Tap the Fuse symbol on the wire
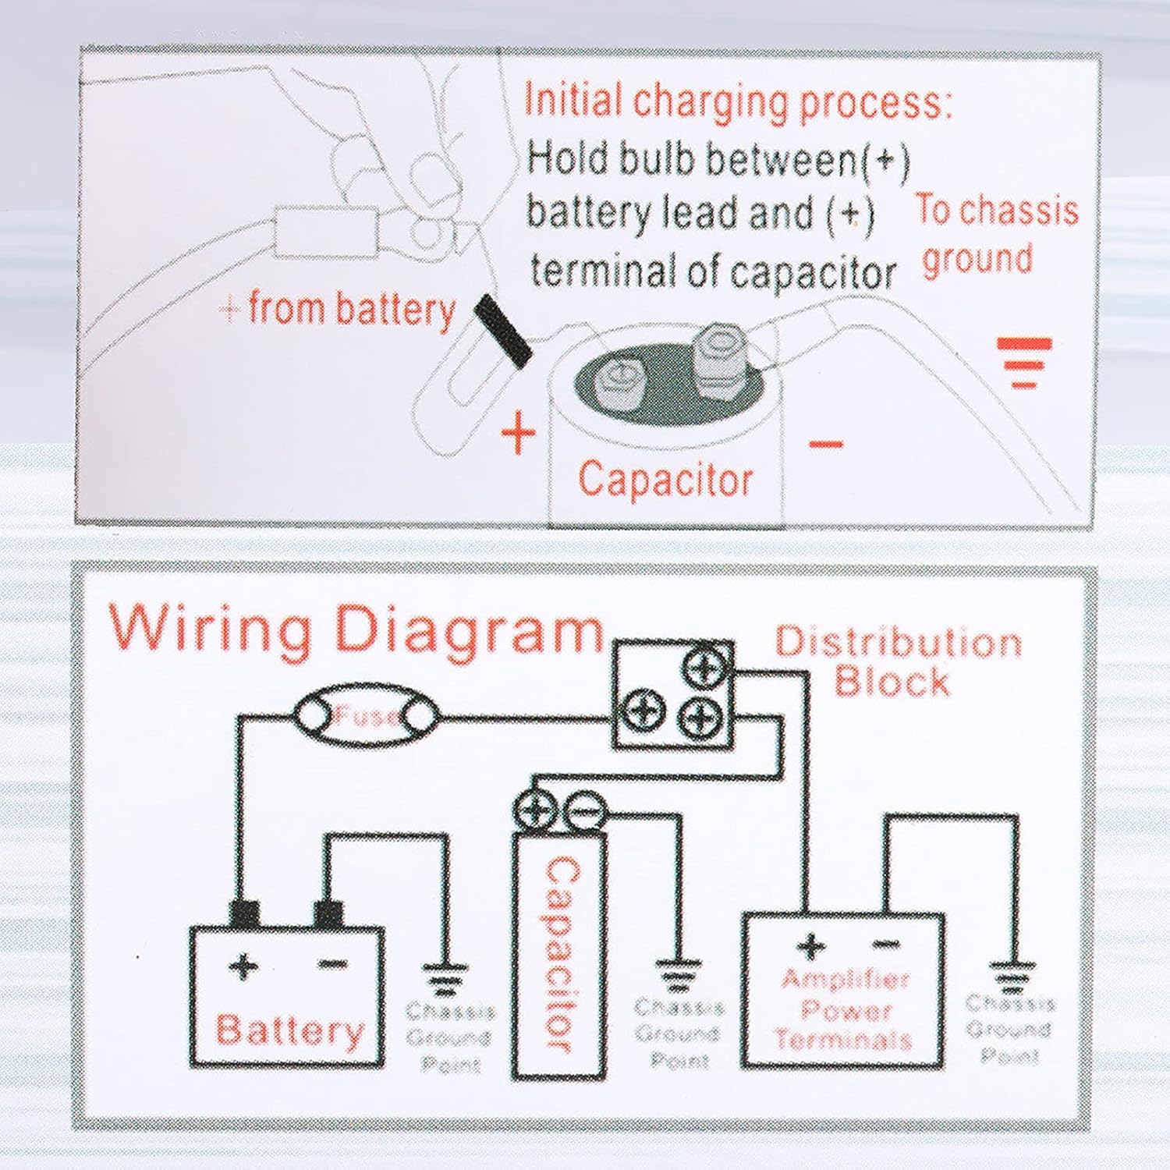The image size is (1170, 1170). click(x=366, y=716)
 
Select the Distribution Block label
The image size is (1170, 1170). click(x=897, y=661)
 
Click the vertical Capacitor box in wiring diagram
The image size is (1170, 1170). click(x=560, y=955)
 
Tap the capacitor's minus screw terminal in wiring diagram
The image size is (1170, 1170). click(x=583, y=812)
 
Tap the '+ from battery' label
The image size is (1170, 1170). click(x=338, y=310)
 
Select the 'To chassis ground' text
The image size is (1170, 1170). click(x=996, y=233)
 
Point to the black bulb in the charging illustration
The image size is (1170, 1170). click(x=504, y=330)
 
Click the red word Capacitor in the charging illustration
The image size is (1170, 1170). click(x=665, y=479)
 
